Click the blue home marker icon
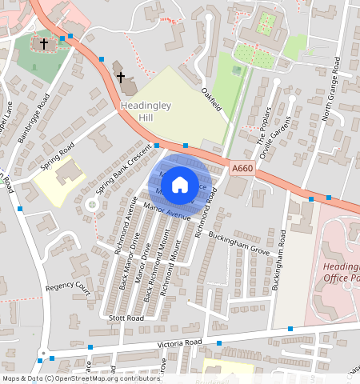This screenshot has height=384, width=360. click(x=180, y=184)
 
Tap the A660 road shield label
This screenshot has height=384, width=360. click(x=243, y=169)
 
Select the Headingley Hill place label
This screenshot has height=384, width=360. click(x=135, y=111)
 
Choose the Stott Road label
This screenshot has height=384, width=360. click(x=126, y=318)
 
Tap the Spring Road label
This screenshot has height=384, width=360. click(x=58, y=152)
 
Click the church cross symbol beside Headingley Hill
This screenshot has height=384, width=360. click(x=121, y=78)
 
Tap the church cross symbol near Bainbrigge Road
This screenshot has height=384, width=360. click(x=42, y=42)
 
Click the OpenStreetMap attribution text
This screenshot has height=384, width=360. click(x=81, y=378)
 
